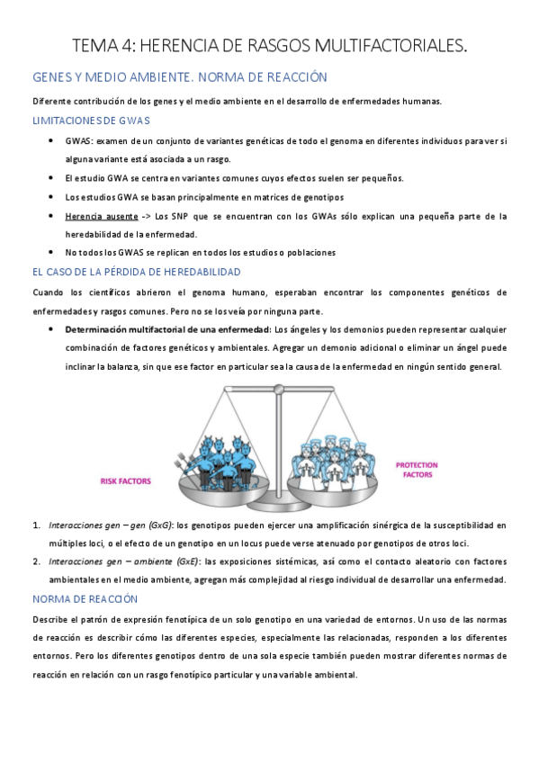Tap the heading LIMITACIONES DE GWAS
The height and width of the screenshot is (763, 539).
[91, 121]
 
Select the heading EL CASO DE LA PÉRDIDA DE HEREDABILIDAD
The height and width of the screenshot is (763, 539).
[135, 271]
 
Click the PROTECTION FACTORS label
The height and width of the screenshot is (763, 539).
[417, 470]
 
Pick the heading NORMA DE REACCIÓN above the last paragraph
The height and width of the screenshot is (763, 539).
[85, 598]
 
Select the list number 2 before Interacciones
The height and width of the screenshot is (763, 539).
[36, 561]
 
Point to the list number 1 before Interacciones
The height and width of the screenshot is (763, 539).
[36, 524]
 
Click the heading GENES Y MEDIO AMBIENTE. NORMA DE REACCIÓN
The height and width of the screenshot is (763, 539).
[179, 77]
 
